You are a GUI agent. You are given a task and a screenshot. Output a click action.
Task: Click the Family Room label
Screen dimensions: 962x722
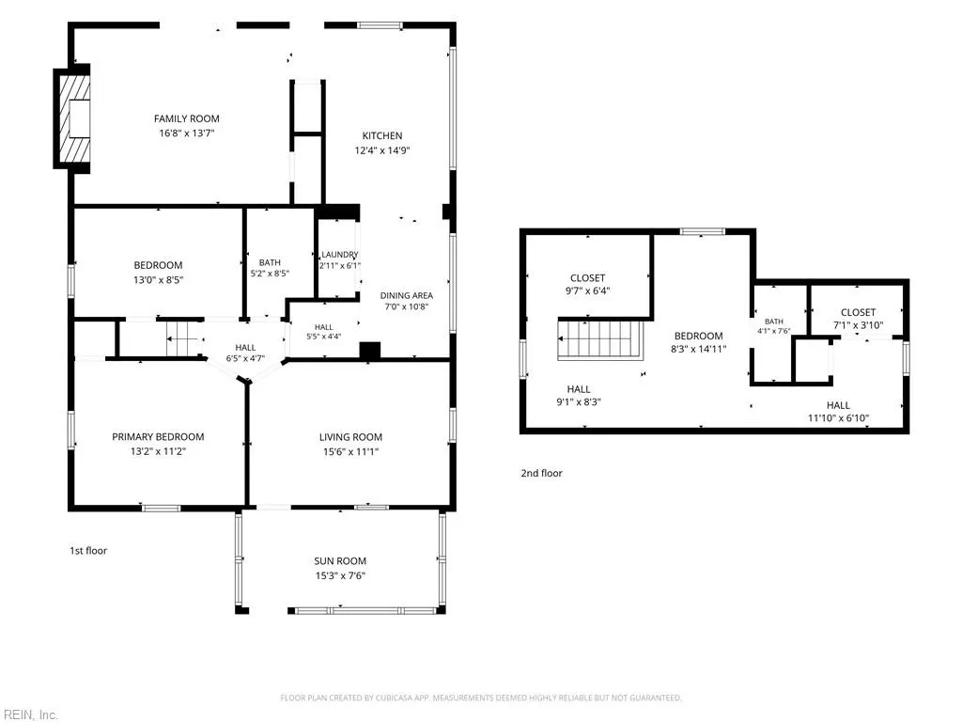[187, 118]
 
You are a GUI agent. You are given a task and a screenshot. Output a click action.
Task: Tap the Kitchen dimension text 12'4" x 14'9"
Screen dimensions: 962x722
[382, 150]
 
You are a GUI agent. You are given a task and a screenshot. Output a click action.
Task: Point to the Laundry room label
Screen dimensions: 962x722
[340, 254]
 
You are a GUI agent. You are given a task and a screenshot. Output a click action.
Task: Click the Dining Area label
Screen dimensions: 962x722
[406, 295]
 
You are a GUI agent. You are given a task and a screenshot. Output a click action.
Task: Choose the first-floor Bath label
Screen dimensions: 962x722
[270, 262]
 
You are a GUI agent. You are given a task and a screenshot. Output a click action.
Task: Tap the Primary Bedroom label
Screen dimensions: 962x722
[158, 436]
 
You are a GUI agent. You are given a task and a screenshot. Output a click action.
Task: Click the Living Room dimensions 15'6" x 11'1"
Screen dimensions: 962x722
[351, 452]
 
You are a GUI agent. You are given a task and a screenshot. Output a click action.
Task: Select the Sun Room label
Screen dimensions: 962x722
[340, 560]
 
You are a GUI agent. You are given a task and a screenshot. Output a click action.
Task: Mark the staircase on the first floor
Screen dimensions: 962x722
[185, 338]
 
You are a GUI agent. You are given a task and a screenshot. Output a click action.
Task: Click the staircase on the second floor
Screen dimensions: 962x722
[600, 339]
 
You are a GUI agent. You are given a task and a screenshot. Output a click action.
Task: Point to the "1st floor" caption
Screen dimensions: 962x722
[88, 551]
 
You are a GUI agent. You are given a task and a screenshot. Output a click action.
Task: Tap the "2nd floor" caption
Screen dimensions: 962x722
[541, 473]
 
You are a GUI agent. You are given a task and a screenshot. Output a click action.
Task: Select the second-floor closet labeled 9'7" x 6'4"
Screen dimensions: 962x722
[588, 278]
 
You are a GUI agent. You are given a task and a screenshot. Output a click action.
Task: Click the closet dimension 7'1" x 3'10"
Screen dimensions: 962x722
[858, 325]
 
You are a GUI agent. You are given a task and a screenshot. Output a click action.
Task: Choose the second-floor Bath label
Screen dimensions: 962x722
[774, 322]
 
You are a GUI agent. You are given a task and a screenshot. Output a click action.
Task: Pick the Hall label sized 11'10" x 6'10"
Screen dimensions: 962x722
[838, 405]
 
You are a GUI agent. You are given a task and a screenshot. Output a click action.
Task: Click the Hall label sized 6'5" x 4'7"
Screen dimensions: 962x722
[245, 348]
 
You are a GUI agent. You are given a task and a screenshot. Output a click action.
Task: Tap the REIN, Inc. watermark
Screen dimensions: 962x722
[29, 714]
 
